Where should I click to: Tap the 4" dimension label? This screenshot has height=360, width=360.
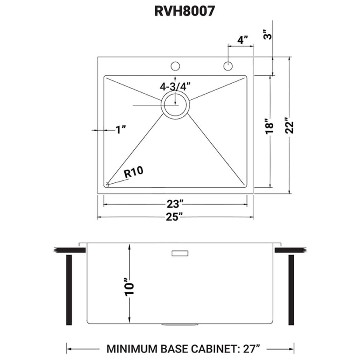(x=241, y=40)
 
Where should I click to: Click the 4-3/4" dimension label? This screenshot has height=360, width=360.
(x=175, y=86)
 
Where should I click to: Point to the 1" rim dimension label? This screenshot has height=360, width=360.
(x=120, y=130)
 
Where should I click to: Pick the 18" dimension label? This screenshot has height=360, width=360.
(x=270, y=126)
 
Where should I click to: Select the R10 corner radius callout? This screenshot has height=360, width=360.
(x=134, y=173)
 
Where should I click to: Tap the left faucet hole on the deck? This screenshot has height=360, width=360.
(x=175, y=66)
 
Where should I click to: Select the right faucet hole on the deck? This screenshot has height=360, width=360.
(x=228, y=66)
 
